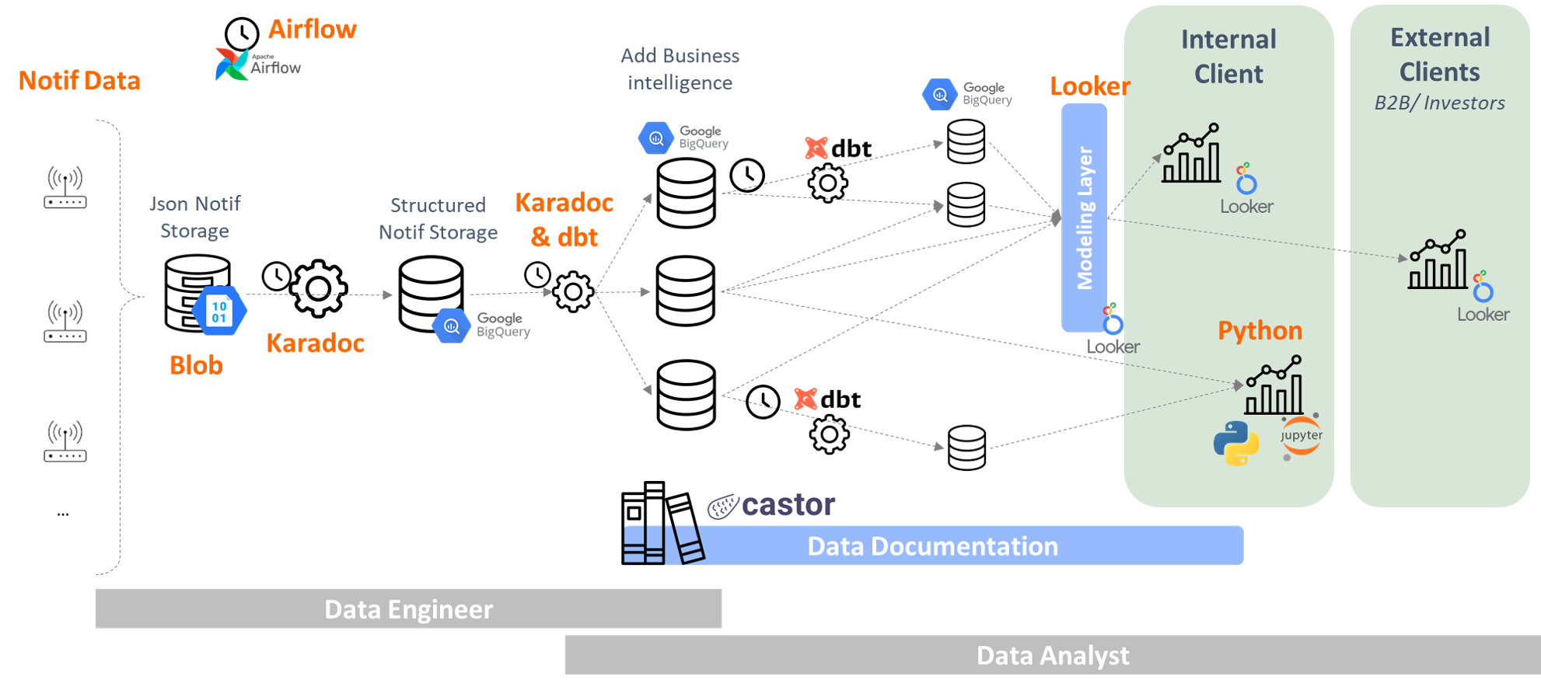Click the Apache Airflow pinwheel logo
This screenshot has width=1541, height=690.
(232, 64)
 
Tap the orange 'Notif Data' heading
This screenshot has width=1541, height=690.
(79, 81)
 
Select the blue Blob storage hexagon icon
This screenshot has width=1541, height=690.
(219, 311)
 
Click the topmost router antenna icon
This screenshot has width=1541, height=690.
(65, 186)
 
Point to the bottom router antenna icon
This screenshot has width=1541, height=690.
(65, 441)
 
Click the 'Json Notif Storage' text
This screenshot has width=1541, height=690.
(195, 218)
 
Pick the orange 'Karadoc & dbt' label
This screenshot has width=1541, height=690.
(564, 220)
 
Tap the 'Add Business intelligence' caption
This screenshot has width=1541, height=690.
(680, 69)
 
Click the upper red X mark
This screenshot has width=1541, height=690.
(816, 148)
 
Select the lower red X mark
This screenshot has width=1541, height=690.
(805, 399)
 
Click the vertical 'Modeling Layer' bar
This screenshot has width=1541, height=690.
(1085, 218)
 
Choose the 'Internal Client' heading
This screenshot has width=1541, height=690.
(1228, 57)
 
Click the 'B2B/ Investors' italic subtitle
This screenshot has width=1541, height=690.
(1440, 103)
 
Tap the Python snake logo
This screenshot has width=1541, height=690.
(1236, 444)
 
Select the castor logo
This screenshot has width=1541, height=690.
(773, 506)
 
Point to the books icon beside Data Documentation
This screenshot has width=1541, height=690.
(664, 544)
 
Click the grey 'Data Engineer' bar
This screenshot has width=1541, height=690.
(409, 609)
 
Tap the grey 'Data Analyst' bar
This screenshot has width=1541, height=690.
(1053, 655)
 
